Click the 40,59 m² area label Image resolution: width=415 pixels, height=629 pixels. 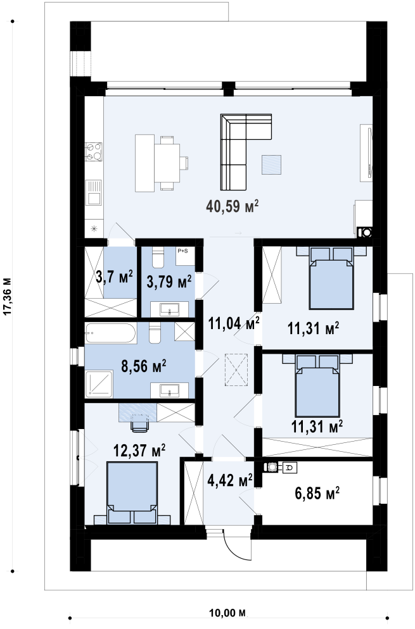232,206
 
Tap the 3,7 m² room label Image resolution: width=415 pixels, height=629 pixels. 115,277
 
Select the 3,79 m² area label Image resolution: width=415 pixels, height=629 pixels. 169,282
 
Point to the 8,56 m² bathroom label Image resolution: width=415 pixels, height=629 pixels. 144,366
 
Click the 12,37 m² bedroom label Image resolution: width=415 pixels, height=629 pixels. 139,451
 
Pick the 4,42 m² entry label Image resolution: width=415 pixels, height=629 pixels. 230,480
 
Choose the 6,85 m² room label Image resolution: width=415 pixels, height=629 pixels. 317,493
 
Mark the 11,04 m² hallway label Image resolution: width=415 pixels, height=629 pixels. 233,323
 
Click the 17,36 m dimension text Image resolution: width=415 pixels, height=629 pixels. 7,296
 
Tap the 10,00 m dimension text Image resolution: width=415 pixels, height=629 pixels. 227,613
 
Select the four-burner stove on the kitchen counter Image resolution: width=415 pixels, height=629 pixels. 93,152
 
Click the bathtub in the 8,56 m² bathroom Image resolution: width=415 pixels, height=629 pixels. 112,333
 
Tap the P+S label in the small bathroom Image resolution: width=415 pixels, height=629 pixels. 182,251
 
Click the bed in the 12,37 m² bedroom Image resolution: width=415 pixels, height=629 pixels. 132,493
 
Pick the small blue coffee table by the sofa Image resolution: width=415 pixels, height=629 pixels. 272,165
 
